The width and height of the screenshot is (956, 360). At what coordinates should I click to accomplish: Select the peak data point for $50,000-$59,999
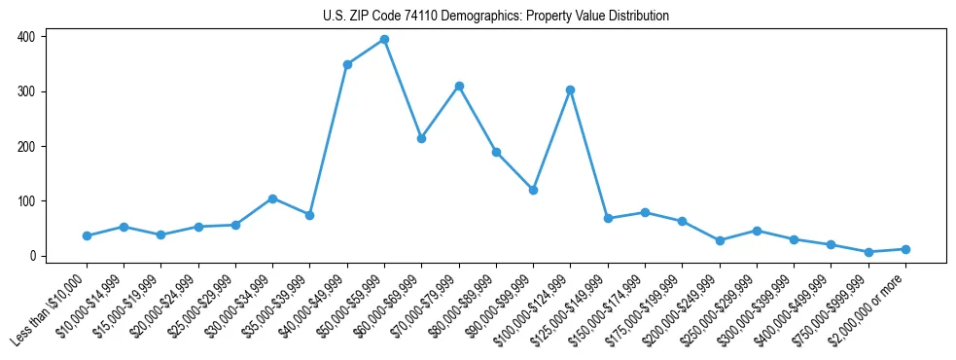pyautogui.click(x=384, y=40)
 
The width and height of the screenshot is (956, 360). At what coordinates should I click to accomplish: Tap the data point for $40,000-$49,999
pyautogui.click(x=347, y=64)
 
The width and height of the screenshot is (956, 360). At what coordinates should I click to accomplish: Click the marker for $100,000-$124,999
pyautogui.click(x=571, y=90)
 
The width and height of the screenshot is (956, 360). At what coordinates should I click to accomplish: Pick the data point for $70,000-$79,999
pyautogui.click(x=459, y=87)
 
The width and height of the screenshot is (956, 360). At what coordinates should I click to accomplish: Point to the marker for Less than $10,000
pyautogui.click(x=87, y=235)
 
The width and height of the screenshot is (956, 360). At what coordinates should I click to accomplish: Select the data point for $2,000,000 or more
pyautogui.click(x=905, y=249)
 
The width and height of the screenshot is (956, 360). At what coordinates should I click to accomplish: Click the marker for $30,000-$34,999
pyautogui.click(x=272, y=198)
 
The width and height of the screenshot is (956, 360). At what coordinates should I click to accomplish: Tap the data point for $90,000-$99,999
pyautogui.click(x=533, y=190)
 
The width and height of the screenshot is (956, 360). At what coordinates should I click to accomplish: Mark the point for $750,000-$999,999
pyautogui.click(x=868, y=252)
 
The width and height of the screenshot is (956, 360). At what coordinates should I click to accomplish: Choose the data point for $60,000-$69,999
pyautogui.click(x=421, y=138)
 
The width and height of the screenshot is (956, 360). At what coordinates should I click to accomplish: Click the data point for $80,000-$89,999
pyautogui.click(x=496, y=153)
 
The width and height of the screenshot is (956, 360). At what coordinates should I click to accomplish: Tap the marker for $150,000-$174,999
pyautogui.click(x=645, y=212)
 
